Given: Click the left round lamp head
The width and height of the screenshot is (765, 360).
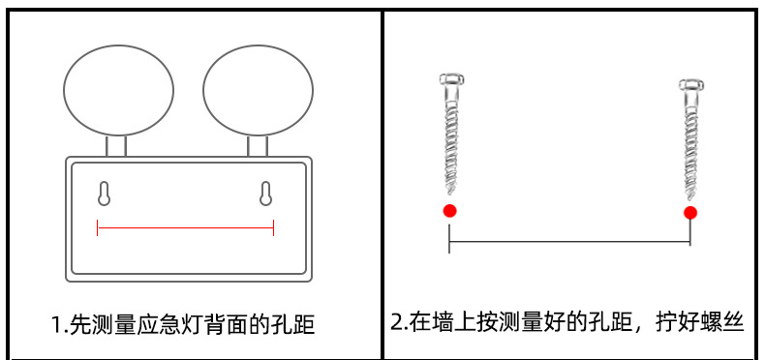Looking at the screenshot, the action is click(x=118, y=91).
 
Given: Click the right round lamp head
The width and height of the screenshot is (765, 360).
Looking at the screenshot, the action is click(x=259, y=91).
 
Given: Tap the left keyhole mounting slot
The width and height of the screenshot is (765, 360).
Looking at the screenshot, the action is click(x=104, y=194).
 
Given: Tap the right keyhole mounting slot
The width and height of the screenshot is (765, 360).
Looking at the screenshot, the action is click(x=265, y=194).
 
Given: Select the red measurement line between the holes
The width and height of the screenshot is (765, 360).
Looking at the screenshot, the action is click(x=185, y=227).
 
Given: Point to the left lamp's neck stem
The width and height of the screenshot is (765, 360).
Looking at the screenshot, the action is click(x=116, y=146).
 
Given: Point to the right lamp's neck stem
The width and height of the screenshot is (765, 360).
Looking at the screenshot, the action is click(x=258, y=146).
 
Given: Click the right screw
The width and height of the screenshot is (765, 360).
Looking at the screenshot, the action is click(x=690, y=139).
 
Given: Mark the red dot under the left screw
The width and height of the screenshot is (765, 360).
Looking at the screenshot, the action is click(x=450, y=211).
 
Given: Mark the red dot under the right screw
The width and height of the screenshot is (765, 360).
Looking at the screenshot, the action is click(x=690, y=213).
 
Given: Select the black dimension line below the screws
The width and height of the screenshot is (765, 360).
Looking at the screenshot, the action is click(x=569, y=241).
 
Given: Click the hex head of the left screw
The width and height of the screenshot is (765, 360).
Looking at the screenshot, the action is click(x=451, y=79).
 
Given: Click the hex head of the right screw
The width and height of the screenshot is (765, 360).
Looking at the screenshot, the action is click(x=691, y=84).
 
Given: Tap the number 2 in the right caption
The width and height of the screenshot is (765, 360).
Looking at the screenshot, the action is click(x=397, y=322).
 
